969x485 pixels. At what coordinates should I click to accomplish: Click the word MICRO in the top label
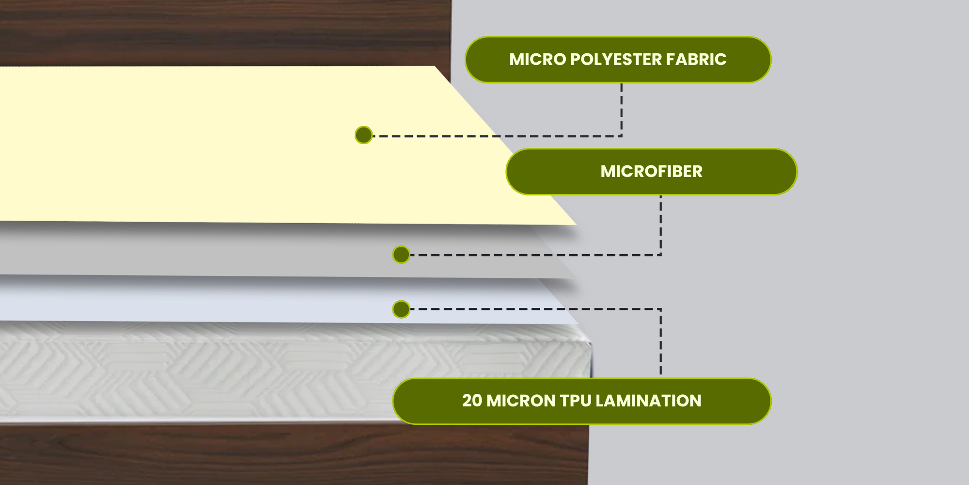coord(537,60)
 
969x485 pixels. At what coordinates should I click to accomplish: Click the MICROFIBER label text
coord(652,172)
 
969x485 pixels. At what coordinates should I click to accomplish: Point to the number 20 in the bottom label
coord(472,401)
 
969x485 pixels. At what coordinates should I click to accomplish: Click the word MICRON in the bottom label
coord(520,401)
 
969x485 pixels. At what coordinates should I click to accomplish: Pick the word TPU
coord(576,401)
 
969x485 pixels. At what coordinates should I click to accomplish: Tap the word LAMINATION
coord(648,401)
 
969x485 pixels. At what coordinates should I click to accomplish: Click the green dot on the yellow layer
coord(363,135)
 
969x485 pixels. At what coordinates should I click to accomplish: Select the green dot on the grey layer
coord(401,255)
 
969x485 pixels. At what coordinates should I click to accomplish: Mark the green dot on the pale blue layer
coord(401,309)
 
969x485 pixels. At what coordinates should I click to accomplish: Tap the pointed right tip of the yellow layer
coord(576,224)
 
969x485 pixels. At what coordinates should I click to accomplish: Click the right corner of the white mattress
coord(590,343)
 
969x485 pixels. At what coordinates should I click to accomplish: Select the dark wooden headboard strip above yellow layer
coord(225,33)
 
